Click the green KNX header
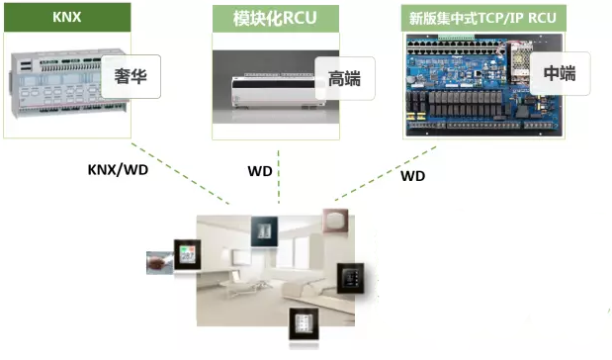(67, 18)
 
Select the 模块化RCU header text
(274, 19)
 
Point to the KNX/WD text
(118, 169)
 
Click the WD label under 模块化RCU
(259, 170)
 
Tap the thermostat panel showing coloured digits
(189, 254)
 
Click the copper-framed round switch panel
(338, 222)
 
